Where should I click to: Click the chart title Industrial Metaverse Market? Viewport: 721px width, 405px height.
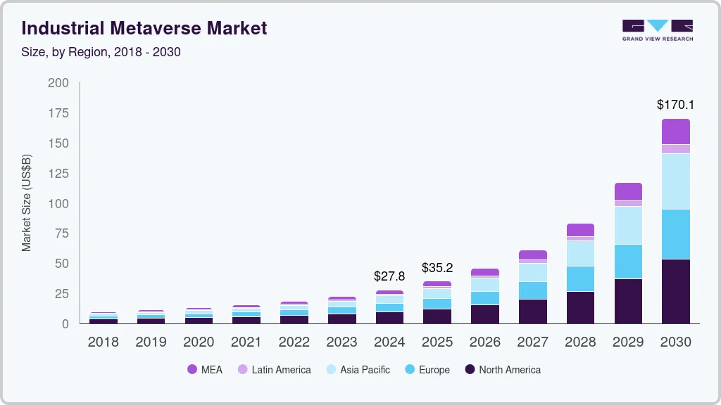pyautogui.click(x=144, y=29)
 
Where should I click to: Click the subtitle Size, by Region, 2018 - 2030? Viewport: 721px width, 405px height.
pyautogui.click(x=101, y=52)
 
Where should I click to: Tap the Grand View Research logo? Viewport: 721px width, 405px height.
pyautogui.click(x=657, y=30)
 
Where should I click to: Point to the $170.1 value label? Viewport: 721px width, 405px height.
pyautogui.click(x=675, y=105)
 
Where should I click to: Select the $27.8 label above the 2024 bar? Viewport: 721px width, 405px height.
pyautogui.click(x=389, y=276)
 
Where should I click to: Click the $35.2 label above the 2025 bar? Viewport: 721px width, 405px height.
pyautogui.click(x=437, y=267)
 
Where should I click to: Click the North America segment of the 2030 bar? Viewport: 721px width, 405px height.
pyautogui.click(x=676, y=291)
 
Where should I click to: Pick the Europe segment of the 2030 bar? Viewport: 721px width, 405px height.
pyautogui.click(x=676, y=234)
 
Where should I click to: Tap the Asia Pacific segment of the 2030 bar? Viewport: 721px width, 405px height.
pyautogui.click(x=676, y=181)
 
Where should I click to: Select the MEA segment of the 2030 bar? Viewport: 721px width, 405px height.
pyautogui.click(x=676, y=131)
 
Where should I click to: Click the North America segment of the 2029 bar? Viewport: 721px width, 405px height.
pyautogui.click(x=628, y=301)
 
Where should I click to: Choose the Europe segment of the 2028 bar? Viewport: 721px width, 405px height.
pyautogui.click(x=580, y=278)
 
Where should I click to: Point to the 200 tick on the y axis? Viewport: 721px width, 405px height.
pyautogui.click(x=58, y=83)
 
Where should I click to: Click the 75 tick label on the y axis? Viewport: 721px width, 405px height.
pyautogui.click(x=62, y=234)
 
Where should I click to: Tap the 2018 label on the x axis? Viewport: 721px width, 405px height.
pyautogui.click(x=103, y=342)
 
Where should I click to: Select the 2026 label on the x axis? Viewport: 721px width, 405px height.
pyautogui.click(x=485, y=342)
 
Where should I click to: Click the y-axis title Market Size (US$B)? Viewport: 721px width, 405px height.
pyautogui.click(x=27, y=202)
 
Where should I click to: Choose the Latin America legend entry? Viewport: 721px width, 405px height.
pyautogui.click(x=274, y=370)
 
